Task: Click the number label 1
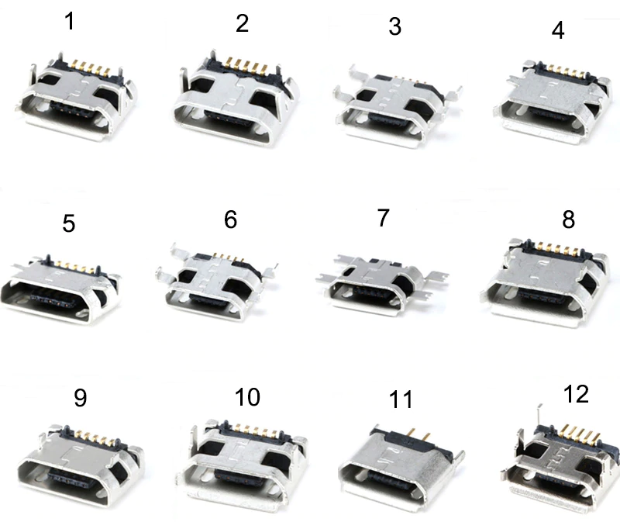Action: click(x=70, y=22)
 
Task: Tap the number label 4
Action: click(x=558, y=30)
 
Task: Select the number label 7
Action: click(x=383, y=218)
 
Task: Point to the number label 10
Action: click(x=247, y=397)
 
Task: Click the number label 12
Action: click(x=576, y=394)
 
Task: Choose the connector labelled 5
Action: click(x=60, y=289)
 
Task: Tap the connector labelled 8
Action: click(x=546, y=283)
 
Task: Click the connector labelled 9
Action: click(x=81, y=466)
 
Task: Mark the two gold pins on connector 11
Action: click(x=418, y=435)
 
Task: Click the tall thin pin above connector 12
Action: click(x=539, y=416)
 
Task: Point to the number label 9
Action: click(x=81, y=398)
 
